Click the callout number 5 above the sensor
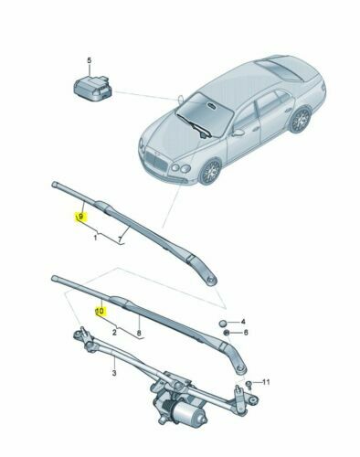point(89,60)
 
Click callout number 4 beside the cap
point(243,323)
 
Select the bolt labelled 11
point(248,382)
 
